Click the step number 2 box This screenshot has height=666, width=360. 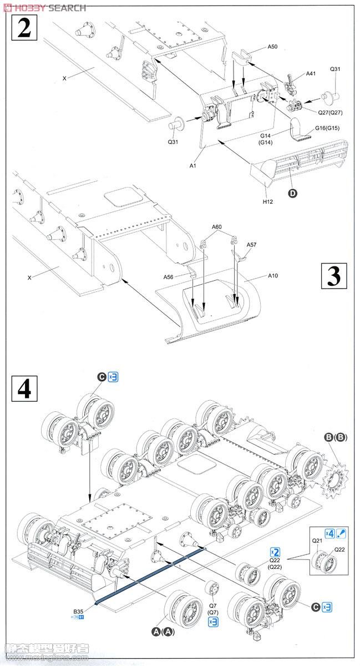click(x=24, y=27)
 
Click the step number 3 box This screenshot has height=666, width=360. click(x=333, y=276)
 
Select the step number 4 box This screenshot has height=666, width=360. click(x=24, y=389)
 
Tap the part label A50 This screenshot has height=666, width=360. click(x=272, y=47)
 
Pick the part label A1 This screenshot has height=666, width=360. click(x=193, y=165)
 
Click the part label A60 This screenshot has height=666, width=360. click(x=216, y=226)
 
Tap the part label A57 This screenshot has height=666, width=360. click(x=251, y=244)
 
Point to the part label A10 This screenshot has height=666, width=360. click(x=273, y=275)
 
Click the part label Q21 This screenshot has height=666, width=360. click(x=317, y=541)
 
